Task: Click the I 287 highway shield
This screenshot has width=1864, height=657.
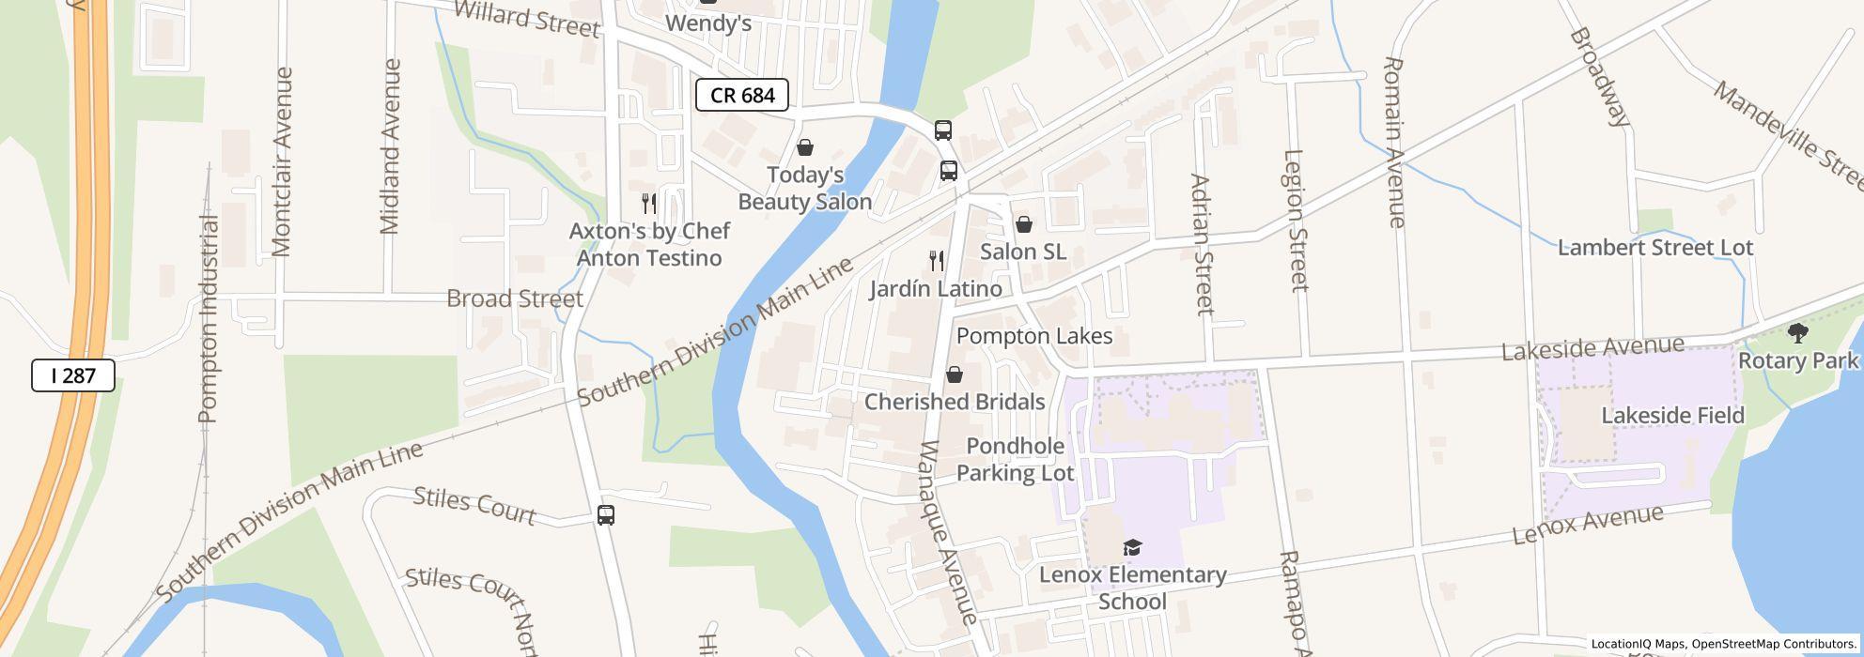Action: pos(73,375)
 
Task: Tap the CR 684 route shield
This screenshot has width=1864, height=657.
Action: pos(741,95)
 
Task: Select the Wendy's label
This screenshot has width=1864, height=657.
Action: pos(708,23)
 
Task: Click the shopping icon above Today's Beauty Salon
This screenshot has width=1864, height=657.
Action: pos(804,147)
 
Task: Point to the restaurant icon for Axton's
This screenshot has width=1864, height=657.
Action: pos(648,203)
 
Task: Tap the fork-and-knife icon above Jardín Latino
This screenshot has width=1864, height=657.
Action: pos(936,260)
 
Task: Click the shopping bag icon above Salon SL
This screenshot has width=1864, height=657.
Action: pos(1023,224)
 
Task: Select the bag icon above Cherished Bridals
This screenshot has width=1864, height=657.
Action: pos(954,374)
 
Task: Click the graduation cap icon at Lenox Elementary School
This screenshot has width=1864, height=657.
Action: pos(1132,547)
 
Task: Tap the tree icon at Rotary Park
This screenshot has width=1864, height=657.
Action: pos(1797,332)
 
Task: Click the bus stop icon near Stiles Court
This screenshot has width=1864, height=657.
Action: pos(606,514)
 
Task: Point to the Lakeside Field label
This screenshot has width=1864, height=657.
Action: pos(1672,416)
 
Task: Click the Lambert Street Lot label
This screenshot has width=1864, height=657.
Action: pos(1654,248)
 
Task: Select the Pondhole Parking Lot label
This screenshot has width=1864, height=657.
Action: pos(1015,460)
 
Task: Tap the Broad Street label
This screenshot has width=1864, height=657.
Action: pos(515,298)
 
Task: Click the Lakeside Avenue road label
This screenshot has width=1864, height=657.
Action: pos(1592,348)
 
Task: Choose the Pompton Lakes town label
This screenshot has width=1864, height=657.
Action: pos(1033,336)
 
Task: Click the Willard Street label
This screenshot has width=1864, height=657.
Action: pos(526,19)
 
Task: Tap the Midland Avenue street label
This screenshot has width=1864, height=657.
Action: pos(391,145)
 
